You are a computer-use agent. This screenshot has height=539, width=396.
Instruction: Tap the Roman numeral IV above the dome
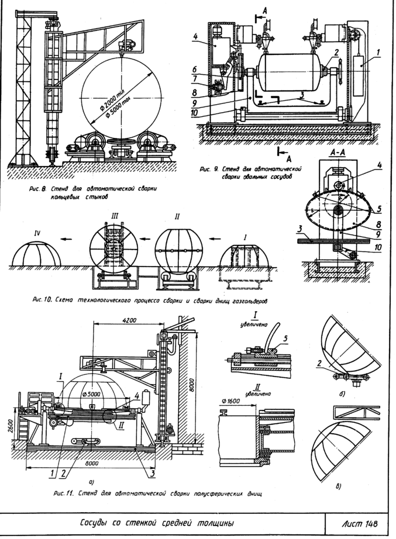coord(37,232)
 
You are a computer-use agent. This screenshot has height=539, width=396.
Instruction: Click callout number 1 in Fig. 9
coord(378,51)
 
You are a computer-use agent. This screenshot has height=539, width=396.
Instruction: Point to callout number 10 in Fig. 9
coord(195,113)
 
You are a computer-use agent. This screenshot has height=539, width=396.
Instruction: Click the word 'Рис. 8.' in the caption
coord(38,190)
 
